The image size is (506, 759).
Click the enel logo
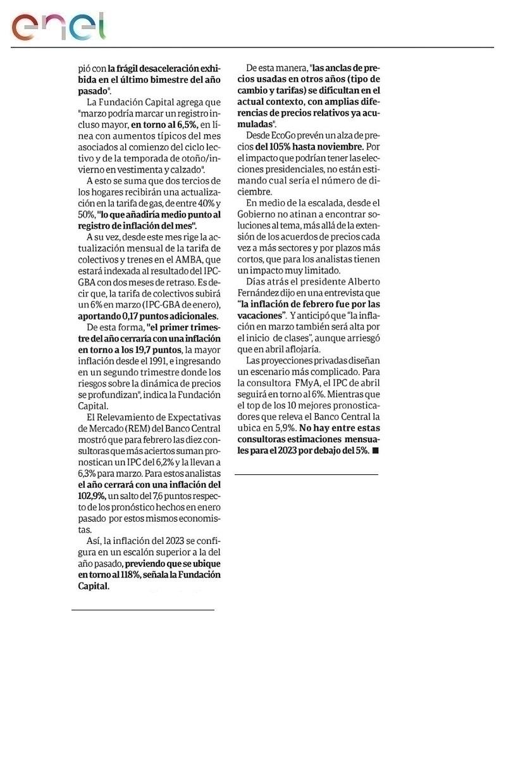coord(58,26)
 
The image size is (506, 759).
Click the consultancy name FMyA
coord(305,383)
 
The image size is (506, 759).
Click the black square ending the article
coord(376,450)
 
